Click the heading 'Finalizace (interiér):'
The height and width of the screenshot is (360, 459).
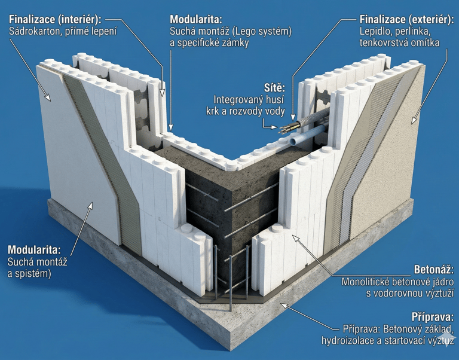[x=55, y=18]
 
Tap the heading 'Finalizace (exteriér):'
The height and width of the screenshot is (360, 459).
[x=404, y=18]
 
